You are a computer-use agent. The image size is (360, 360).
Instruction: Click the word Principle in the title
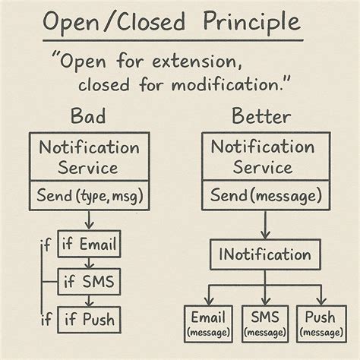(x=250, y=22)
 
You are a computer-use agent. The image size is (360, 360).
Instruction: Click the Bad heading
(x=88, y=118)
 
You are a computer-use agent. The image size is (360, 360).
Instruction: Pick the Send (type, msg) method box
(x=89, y=197)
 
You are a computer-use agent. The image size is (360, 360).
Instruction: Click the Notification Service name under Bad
(x=89, y=157)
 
